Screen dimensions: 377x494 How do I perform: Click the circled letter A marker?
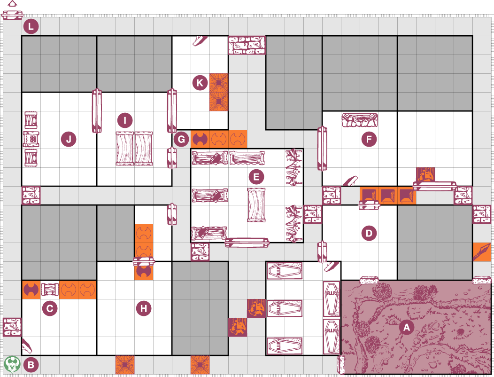tap(407, 327)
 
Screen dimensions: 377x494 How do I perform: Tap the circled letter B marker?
tap(31, 364)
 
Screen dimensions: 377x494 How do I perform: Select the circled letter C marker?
tap(50, 308)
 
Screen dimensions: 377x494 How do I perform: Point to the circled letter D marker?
tap(369, 233)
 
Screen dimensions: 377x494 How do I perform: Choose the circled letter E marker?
tap(256, 177)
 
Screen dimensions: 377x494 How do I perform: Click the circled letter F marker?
tap(369, 139)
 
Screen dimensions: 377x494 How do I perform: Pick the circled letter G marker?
tap(181, 139)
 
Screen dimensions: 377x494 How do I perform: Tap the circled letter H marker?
tap(144, 308)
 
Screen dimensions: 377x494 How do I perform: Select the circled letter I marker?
tap(125, 120)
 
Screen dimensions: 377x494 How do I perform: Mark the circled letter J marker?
tap(69, 139)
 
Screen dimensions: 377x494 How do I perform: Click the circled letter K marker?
tap(200, 83)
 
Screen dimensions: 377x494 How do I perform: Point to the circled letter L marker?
tap(31, 26)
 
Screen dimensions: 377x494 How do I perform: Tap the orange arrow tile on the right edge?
tap(482, 252)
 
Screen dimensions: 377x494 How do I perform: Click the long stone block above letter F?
tap(360, 120)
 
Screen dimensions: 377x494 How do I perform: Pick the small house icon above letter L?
tap(12, 4)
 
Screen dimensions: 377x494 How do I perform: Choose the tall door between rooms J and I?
tap(97, 111)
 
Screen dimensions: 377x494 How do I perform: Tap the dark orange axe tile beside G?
tap(200, 139)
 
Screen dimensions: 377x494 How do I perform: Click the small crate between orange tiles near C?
tap(50, 289)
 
